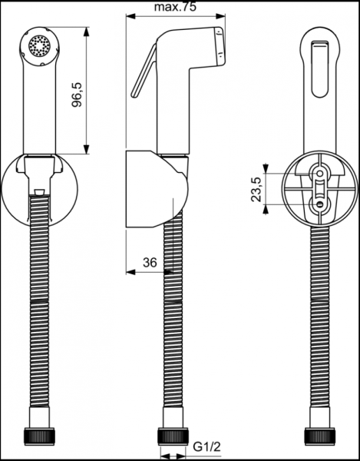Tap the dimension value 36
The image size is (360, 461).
point(150,262)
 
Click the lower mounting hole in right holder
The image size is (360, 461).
point(319,204)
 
